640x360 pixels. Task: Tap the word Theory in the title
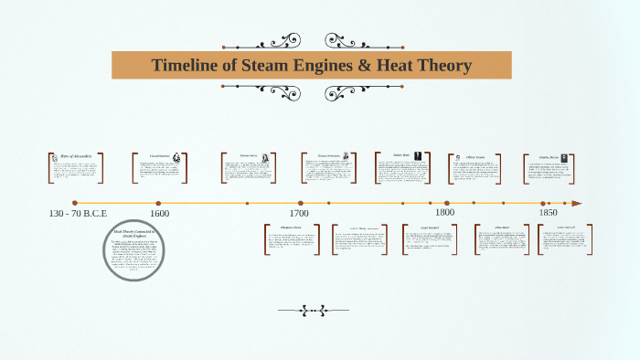(x=440, y=66)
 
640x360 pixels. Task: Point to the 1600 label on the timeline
(x=159, y=213)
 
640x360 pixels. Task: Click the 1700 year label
(x=300, y=213)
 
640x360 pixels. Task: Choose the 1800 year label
(x=446, y=213)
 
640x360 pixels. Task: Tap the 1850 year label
(x=549, y=213)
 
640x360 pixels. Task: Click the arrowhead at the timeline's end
(x=576, y=204)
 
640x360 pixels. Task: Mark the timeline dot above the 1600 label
(x=158, y=204)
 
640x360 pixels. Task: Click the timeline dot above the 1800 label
(x=447, y=204)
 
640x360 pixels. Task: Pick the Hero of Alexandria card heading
(x=76, y=157)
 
